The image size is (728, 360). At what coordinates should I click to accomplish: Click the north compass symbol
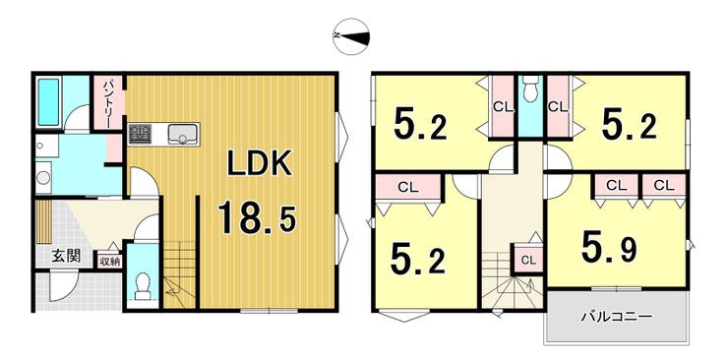point(351,36)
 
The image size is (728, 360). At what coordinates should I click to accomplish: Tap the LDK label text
point(259,162)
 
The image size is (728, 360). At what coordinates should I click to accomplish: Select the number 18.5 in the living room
point(257,218)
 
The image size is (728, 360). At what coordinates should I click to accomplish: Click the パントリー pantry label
point(108,103)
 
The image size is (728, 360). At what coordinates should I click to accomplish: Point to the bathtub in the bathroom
point(49,102)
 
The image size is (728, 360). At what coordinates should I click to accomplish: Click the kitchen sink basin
point(184,134)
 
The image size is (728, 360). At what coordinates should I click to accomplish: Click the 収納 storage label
point(110,261)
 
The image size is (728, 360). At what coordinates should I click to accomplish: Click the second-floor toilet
point(529,89)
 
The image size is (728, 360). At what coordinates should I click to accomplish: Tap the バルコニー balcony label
point(617,318)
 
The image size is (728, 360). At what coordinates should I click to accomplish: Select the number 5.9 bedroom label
point(610,249)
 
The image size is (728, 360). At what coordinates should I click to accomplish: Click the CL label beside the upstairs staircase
point(527,260)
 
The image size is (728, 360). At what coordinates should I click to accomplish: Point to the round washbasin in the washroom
point(43,177)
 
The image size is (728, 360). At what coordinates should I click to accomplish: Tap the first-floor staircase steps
point(180,273)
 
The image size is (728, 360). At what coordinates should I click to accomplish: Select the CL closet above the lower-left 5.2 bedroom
point(408,188)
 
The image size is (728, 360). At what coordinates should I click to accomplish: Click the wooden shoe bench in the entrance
point(42,221)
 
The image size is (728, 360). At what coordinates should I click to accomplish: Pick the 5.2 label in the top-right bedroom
point(629,126)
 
